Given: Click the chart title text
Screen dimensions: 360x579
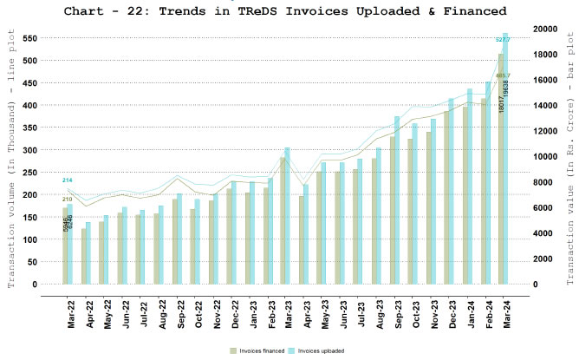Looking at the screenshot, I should click(x=289, y=11).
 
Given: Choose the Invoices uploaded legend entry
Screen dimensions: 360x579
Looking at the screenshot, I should click(x=319, y=350).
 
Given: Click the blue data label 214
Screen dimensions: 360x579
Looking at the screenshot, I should click(x=67, y=180).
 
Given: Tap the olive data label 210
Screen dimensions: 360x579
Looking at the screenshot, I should click(x=67, y=200).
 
